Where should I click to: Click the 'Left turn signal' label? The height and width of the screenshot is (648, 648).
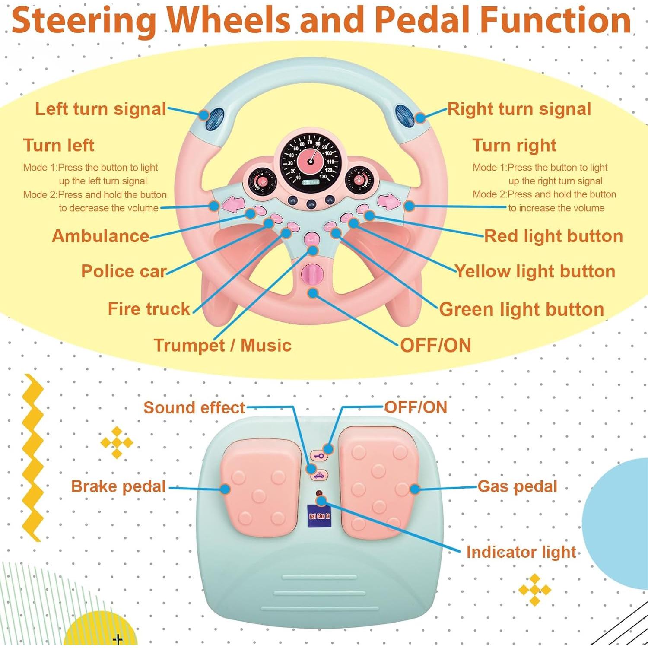(100, 109)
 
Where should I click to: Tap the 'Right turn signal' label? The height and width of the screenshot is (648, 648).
(519, 109)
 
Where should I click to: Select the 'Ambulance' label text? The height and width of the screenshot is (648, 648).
(100, 236)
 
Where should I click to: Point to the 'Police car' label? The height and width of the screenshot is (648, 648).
(124, 271)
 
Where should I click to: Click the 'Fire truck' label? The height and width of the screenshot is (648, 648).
(149, 309)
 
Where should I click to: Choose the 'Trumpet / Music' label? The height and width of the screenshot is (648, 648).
(222, 345)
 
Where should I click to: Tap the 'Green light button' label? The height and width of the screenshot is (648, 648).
(521, 309)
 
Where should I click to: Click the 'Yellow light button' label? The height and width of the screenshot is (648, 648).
(535, 271)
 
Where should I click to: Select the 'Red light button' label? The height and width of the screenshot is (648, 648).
(553, 236)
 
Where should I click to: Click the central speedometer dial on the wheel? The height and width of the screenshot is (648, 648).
(311, 160)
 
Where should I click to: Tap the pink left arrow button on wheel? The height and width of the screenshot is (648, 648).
(234, 203)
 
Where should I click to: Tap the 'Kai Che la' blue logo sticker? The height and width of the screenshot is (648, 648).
(319, 516)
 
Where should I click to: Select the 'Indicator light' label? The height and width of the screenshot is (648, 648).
(521, 552)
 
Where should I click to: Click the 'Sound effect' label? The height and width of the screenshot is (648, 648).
(194, 407)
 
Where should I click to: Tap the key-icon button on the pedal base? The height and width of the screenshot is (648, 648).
(319, 456)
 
